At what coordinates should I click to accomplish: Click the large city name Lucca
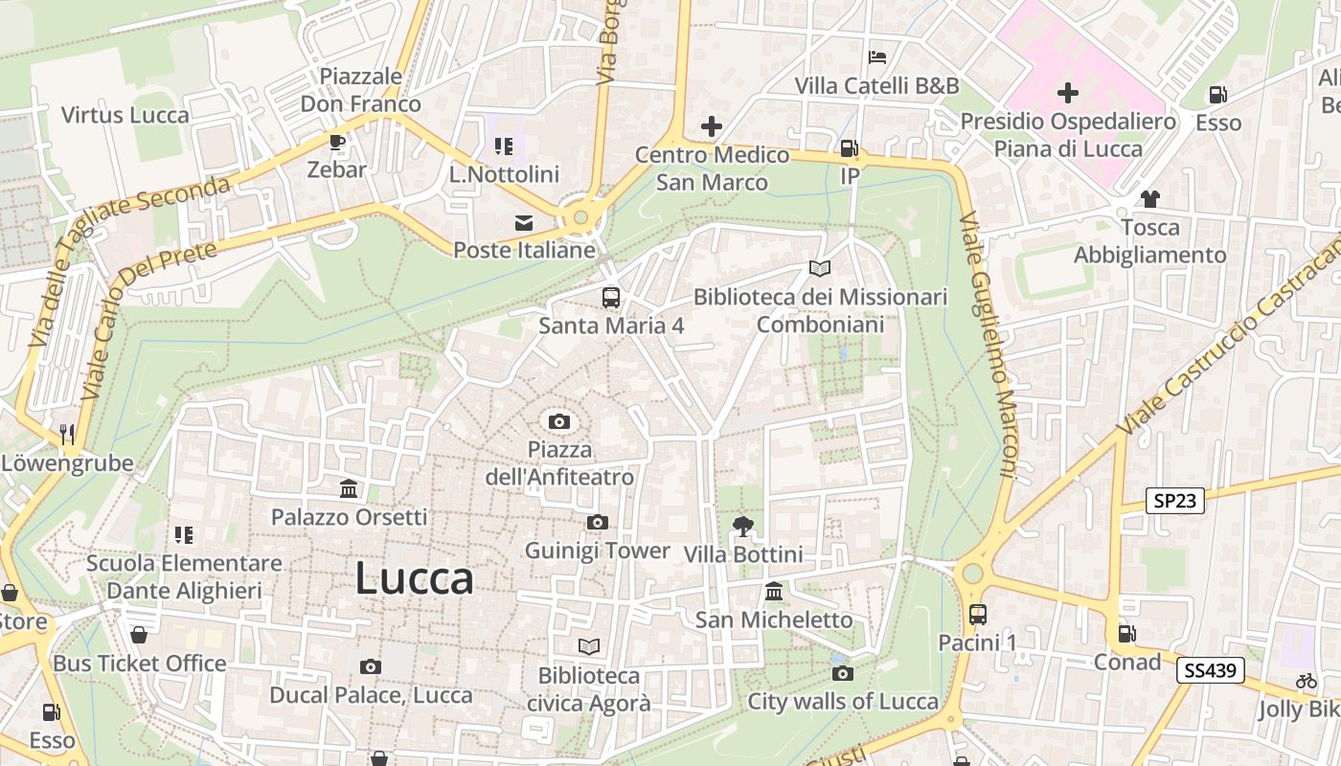tap(414, 578)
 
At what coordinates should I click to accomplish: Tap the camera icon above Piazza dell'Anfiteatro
tap(559, 421)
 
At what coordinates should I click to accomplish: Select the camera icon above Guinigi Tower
tap(598, 522)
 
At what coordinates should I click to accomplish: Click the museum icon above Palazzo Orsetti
tap(349, 489)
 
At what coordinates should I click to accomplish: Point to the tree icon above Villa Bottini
tap(742, 526)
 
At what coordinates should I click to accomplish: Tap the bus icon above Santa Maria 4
tap(611, 297)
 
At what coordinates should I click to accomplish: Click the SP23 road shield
tap(1174, 500)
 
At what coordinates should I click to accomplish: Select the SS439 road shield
tap(1210, 670)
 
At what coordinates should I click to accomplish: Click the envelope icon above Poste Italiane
tap(524, 223)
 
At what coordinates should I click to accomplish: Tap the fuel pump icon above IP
tap(849, 148)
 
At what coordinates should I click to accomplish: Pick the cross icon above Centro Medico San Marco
tap(712, 126)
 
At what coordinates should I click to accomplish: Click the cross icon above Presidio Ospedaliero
tap(1067, 93)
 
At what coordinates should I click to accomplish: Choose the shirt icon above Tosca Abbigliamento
tap(1149, 199)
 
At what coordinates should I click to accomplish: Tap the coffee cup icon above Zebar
tap(336, 142)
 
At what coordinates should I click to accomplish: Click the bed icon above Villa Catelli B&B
tap(876, 57)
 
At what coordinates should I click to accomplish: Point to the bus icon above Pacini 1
tap(977, 615)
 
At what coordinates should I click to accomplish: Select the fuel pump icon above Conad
tap(1127, 634)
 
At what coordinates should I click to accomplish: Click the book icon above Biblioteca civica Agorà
tap(589, 647)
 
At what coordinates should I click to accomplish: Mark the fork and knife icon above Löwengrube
tap(67, 434)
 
